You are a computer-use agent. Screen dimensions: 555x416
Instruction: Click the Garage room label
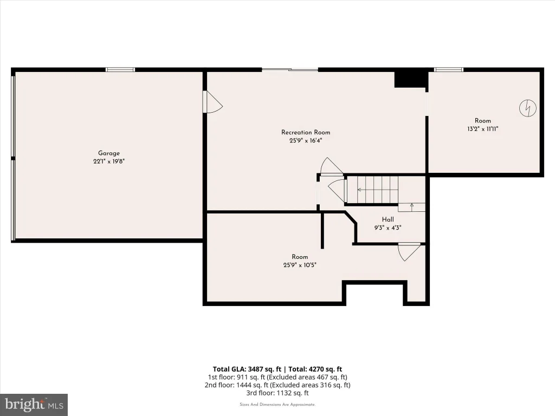tap(108, 153)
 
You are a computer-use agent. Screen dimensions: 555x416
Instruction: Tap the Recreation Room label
tap(306, 132)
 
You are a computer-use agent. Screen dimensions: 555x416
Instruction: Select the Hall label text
tap(388, 219)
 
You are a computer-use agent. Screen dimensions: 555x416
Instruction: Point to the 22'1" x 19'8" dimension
tap(109, 161)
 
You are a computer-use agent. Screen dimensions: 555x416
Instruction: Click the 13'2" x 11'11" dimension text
tap(483, 129)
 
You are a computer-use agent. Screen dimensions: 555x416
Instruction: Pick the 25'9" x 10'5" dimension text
tap(300, 265)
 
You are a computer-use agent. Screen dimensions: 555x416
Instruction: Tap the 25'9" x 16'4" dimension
tap(306, 140)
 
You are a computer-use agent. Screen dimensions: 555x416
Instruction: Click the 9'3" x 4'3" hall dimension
tap(388, 228)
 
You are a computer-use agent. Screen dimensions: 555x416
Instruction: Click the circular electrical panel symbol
tap(528, 108)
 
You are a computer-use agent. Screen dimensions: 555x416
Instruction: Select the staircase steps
tap(377, 190)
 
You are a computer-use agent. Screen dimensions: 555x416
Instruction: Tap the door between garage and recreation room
tap(212, 101)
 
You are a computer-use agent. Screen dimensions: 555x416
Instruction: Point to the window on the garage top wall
tap(120, 70)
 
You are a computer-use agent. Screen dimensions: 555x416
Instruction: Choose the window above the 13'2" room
tap(449, 70)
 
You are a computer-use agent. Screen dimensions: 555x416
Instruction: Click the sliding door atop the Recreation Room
tap(290, 70)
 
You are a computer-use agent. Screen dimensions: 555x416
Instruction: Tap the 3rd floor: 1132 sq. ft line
tap(277, 393)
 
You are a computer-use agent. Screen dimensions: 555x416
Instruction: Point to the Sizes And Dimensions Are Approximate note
tap(277, 404)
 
